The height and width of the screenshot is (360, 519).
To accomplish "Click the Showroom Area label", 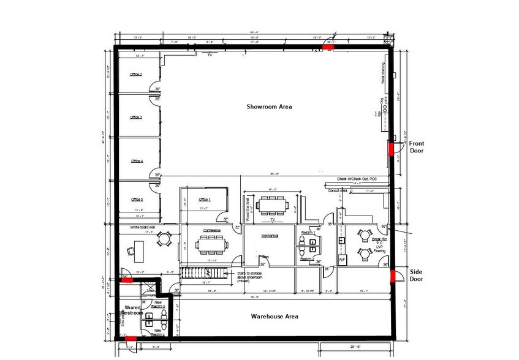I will pyautogui.click(x=269, y=107).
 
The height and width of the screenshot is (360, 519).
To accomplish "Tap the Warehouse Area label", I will pyautogui.click(x=275, y=317).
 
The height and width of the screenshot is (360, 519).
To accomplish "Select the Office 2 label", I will pyautogui.click(x=136, y=74).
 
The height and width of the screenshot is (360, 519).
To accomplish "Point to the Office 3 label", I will pyautogui.click(x=136, y=117).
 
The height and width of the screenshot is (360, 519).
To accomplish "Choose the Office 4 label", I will pyautogui.click(x=137, y=161).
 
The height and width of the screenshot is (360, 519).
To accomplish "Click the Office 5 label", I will pyautogui.click(x=137, y=200).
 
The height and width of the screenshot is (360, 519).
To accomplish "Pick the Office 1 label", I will pyautogui.click(x=204, y=200).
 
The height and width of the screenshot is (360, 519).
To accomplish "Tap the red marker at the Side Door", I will pyautogui.click(x=392, y=275).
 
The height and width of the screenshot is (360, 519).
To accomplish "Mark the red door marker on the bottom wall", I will pyautogui.click(x=130, y=337).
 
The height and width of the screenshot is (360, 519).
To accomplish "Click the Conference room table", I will pyautogui.click(x=211, y=245).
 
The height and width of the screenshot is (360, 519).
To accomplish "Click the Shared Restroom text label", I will pyautogui.click(x=133, y=310).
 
